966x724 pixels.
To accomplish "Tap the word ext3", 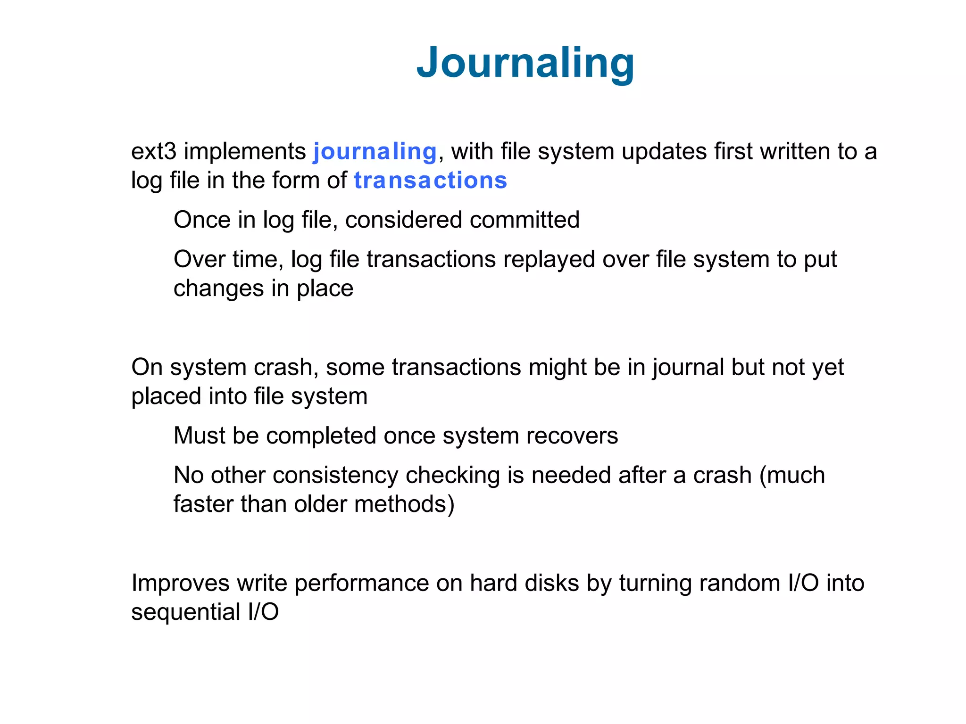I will click(153, 152).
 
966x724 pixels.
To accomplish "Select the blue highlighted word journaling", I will click(375, 152).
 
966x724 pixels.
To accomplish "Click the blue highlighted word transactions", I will click(430, 181).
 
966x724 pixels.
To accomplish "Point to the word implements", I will click(245, 152).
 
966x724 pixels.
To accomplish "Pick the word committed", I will click(525, 220).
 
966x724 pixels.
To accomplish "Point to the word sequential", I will click(185, 612).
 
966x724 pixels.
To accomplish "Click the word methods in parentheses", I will click(404, 504).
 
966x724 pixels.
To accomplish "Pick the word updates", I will click(664, 152).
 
